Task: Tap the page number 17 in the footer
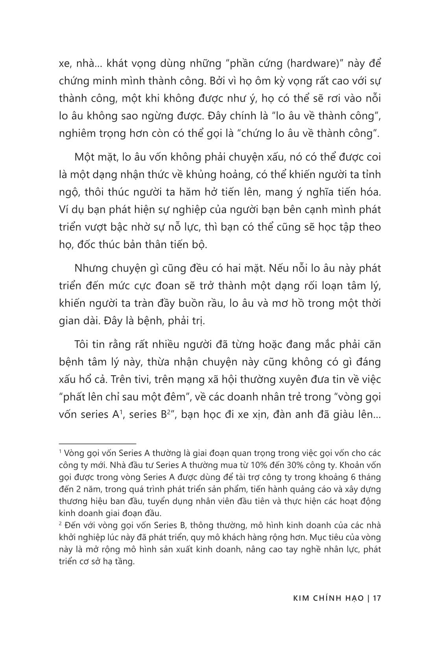coord(377,598)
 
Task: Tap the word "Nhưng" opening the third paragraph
coord(90,268)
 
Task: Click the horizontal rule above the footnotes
coord(97,443)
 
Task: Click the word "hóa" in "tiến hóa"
coord(370,192)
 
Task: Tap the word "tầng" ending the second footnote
coord(125,562)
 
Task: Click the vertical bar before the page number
coord(368,598)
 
